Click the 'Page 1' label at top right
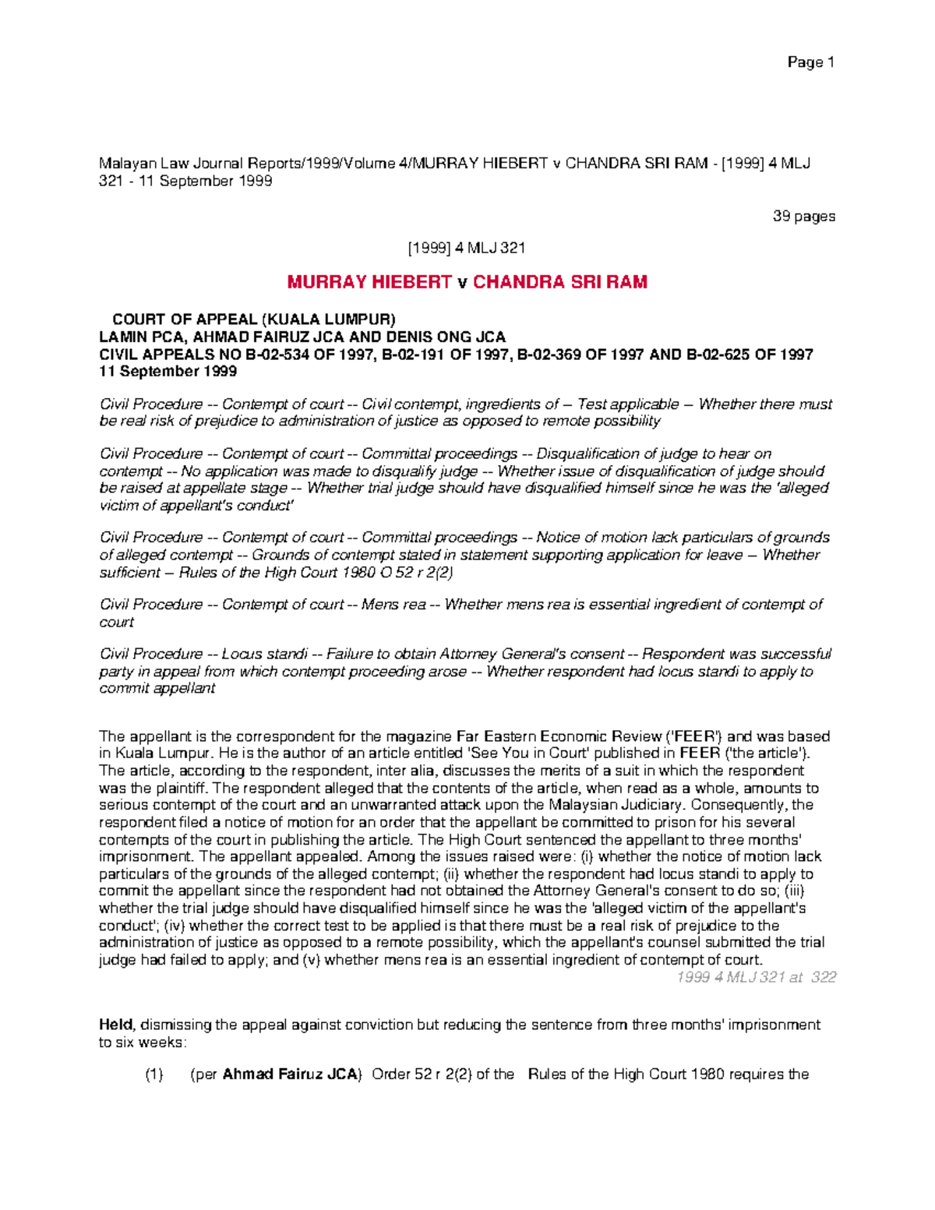(810, 62)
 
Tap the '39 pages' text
(803, 216)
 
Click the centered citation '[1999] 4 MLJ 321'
(467, 248)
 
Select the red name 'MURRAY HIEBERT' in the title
(369, 282)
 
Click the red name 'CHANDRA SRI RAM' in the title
(560, 282)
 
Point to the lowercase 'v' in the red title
(463, 283)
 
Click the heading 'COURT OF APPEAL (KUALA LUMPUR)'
(254, 319)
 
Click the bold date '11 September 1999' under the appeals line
(168, 372)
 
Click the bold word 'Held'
(115, 1025)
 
